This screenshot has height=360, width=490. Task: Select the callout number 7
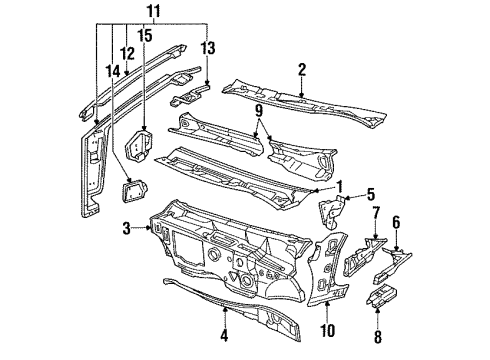[x=375, y=241]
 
